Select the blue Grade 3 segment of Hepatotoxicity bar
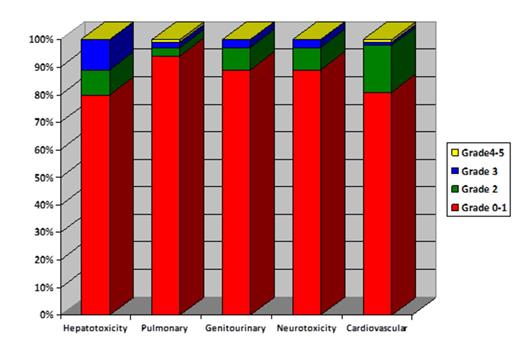pyautogui.click(x=95, y=55)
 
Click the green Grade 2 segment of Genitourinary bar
pyautogui.click(x=236, y=59)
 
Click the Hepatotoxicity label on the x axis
pyautogui.click(x=95, y=328)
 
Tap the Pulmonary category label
pyautogui.click(x=166, y=328)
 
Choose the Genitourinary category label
pyautogui.click(x=236, y=328)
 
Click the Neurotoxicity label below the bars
pyautogui.click(x=307, y=328)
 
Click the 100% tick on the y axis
pyautogui.click(x=41, y=39)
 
